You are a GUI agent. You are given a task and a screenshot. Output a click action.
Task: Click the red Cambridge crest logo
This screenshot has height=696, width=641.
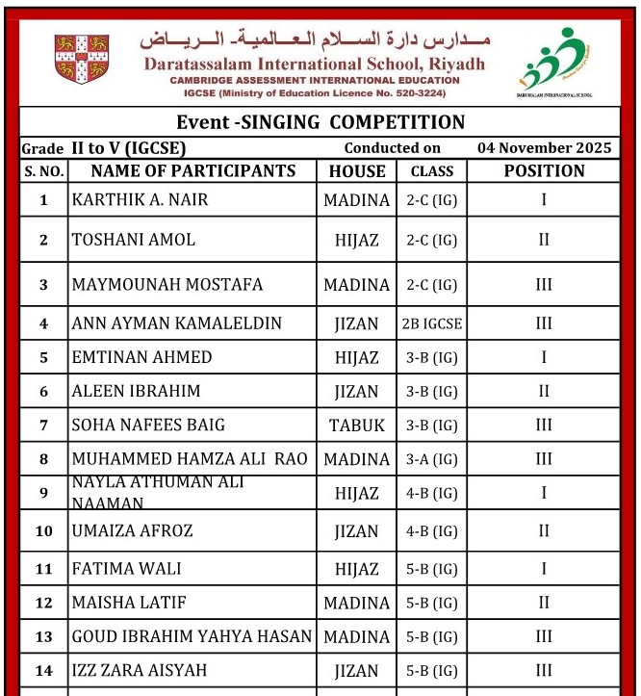(82, 60)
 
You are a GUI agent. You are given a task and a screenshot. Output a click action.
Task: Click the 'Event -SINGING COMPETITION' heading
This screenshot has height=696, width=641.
(320, 122)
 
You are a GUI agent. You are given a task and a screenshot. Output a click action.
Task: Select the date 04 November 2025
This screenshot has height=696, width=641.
(544, 148)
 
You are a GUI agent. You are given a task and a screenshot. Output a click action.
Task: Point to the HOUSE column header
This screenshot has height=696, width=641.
(357, 171)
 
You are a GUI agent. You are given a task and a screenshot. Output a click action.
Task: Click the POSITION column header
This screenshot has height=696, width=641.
(544, 171)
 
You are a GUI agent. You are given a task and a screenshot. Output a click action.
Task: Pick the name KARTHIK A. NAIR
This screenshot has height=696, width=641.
(140, 200)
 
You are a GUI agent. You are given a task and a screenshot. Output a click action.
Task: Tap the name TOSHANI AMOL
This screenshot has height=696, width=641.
(134, 240)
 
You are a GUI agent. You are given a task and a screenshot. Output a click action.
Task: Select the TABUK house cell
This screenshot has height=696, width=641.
(357, 425)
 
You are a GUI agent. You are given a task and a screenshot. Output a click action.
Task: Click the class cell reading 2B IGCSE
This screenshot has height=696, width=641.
(432, 323)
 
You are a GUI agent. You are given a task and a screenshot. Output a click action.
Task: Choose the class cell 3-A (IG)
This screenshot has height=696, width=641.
(432, 459)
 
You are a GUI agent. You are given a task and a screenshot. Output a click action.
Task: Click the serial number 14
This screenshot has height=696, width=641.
(43, 670)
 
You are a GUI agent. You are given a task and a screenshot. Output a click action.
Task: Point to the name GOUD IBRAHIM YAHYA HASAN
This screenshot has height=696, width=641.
(192, 636)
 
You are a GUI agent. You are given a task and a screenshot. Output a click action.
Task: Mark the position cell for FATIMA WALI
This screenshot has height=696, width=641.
(544, 569)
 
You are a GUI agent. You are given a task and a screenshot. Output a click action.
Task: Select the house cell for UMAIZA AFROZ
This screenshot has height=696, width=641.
(357, 530)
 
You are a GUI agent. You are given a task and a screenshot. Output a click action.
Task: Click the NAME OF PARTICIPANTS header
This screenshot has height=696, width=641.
(193, 171)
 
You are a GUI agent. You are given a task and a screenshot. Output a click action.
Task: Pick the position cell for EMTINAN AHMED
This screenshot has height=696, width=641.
(544, 357)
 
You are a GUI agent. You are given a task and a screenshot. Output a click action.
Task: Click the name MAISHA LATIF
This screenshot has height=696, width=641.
(129, 604)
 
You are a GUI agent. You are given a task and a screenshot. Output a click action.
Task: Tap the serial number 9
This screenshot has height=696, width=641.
(43, 493)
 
